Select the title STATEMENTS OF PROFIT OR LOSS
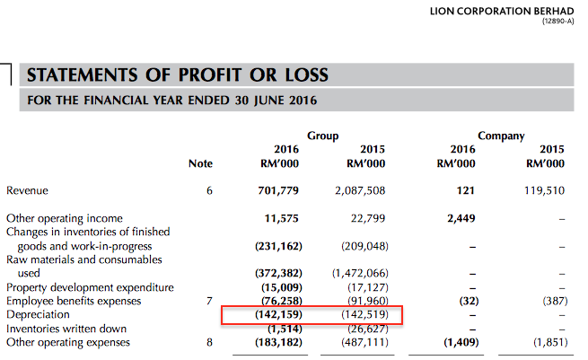point(179,75)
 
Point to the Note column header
point(201,164)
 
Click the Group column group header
point(323,136)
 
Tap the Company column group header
point(501,136)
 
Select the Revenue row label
point(28,190)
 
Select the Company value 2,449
point(458,218)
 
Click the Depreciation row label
point(38,315)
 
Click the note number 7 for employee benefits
point(209,302)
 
